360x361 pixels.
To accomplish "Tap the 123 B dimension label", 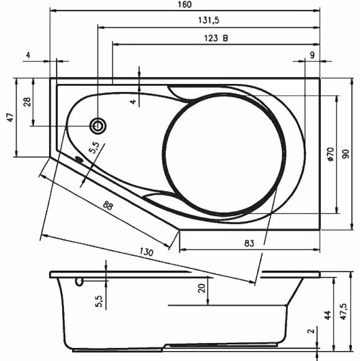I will [216, 38].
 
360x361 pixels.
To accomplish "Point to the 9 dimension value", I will [311, 55].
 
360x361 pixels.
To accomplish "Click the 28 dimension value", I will [27, 102].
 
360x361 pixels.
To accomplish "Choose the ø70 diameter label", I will [330, 154].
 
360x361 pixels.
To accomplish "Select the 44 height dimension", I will [326, 315].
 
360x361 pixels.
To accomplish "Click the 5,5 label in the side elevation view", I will [98, 300].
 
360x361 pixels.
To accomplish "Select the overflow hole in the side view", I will [79, 282].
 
